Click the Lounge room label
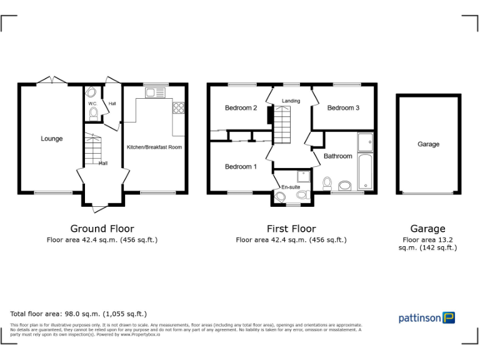[x=52, y=139]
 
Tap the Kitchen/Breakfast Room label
[x=154, y=147]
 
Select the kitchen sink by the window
[x=153, y=92]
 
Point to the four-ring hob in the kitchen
[x=178, y=107]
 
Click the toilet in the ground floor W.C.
[x=94, y=113]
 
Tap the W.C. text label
[x=92, y=104]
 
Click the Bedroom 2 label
[x=241, y=108]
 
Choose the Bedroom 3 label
[x=343, y=108]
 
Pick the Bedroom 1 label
[x=241, y=167]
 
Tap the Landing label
[x=291, y=101]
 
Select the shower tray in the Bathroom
[x=365, y=142]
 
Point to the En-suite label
[x=291, y=187]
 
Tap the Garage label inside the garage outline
[x=428, y=144]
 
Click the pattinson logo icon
[x=449, y=317]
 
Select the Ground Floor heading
[x=102, y=229]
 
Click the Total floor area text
[x=79, y=314]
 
